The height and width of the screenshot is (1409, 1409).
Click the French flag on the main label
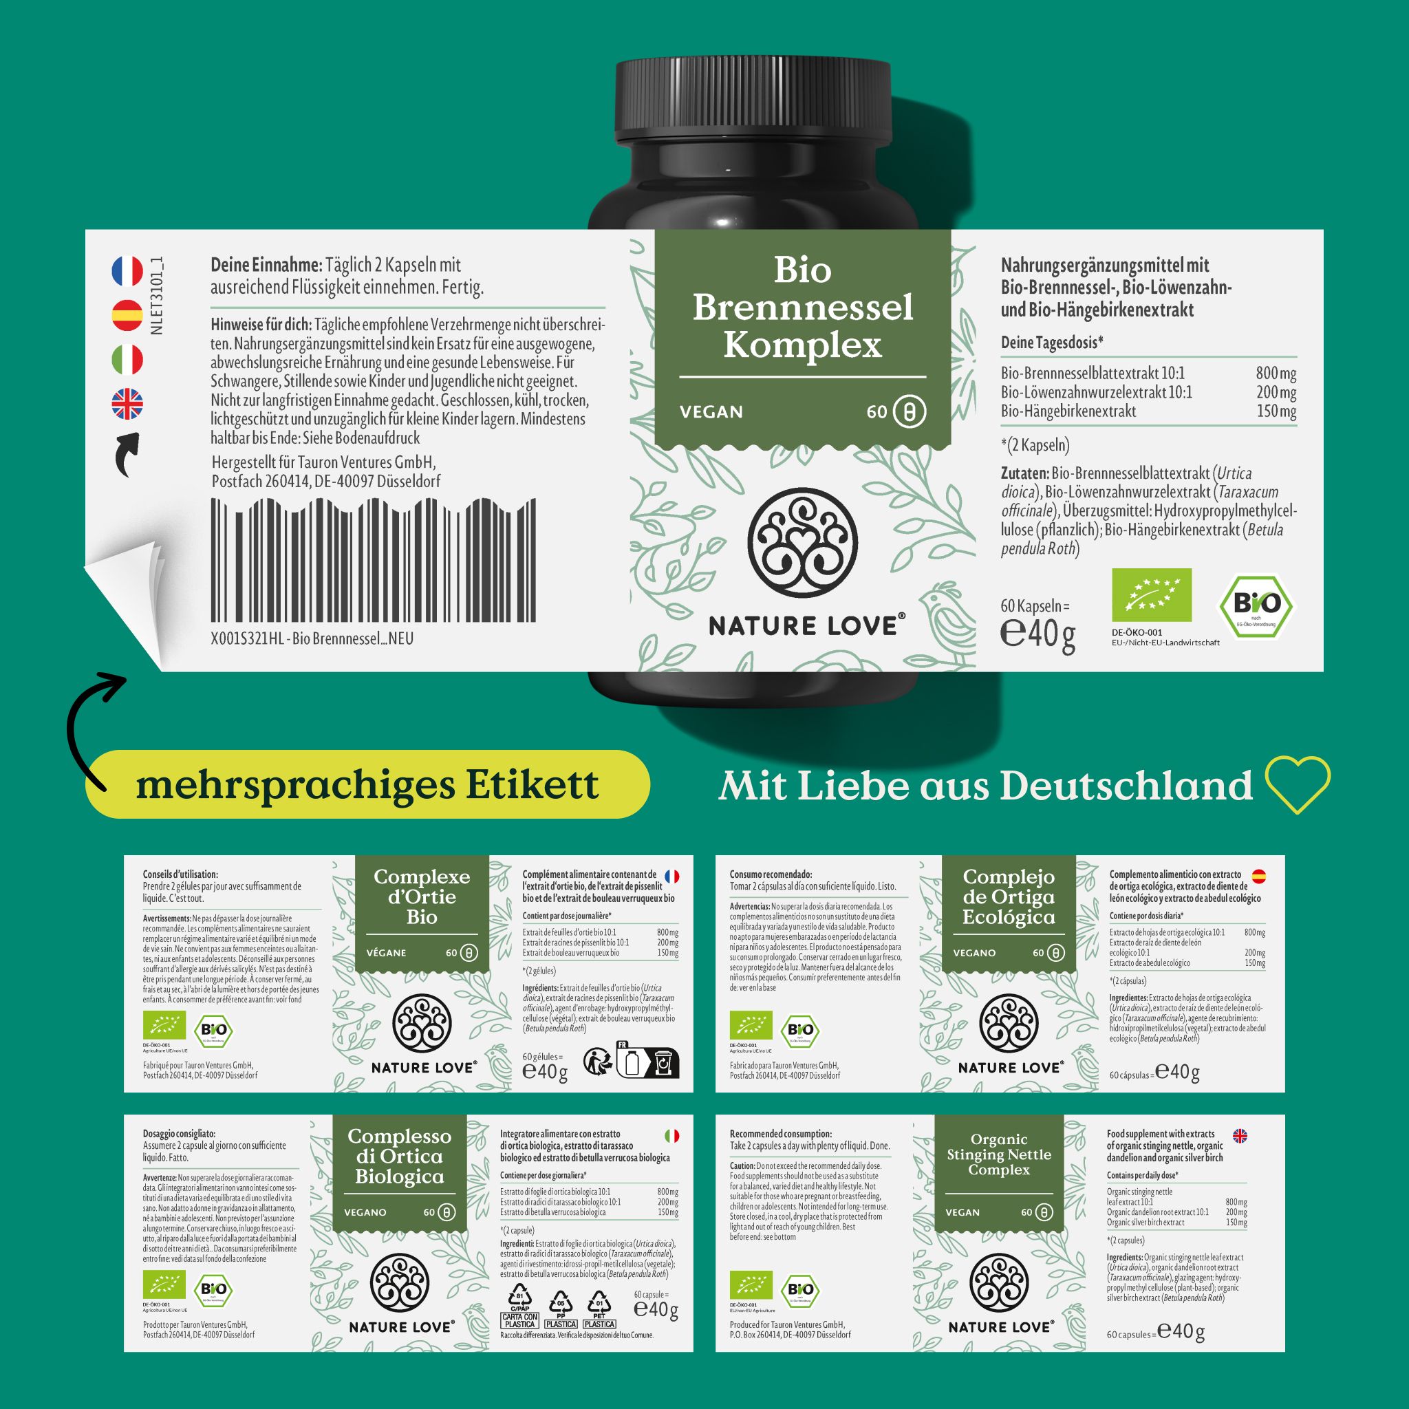(127, 271)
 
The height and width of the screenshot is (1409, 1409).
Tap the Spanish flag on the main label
(127, 315)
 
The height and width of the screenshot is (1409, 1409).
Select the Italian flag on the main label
(127, 360)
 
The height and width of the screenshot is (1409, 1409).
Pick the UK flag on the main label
(127, 404)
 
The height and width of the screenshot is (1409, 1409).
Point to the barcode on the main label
(374, 560)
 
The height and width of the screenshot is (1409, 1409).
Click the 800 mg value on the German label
(1276, 374)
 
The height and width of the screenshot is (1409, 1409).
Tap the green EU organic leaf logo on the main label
(1151, 595)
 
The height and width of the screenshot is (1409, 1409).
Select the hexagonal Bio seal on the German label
(1256, 605)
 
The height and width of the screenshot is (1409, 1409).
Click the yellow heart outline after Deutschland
(1298, 785)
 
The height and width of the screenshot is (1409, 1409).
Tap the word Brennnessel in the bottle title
(802, 307)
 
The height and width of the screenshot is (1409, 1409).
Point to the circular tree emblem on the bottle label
(802, 542)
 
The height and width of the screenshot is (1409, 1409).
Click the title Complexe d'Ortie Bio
(422, 896)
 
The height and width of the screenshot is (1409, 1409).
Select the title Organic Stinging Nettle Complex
(998, 1154)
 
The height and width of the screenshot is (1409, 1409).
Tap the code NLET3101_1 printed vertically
(156, 296)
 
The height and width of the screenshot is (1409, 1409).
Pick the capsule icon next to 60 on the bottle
(909, 412)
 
